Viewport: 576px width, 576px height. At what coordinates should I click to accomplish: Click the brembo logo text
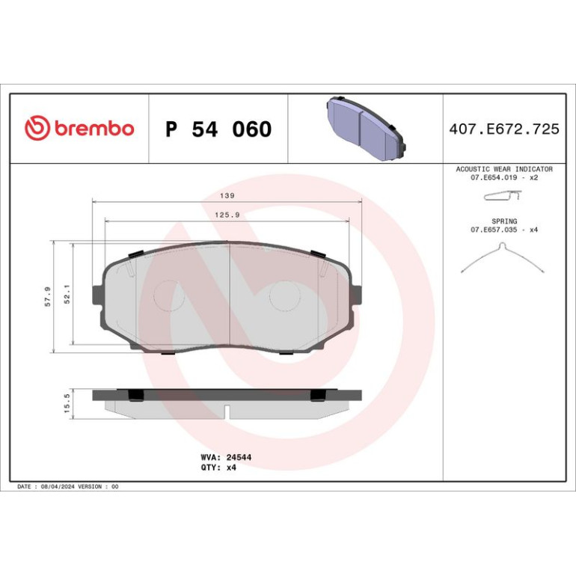pyautogui.click(x=94, y=127)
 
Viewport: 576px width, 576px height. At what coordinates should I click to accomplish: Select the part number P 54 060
pyautogui.click(x=218, y=129)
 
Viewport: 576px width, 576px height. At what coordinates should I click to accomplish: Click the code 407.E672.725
pyautogui.click(x=504, y=129)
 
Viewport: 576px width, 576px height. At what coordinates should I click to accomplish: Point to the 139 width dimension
pyautogui.click(x=227, y=196)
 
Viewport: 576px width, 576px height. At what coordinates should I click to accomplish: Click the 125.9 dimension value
pyautogui.click(x=227, y=215)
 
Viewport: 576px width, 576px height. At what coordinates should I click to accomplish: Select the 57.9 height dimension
pyautogui.click(x=48, y=297)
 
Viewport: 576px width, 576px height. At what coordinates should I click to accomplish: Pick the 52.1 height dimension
pyautogui.click(x=67, y=294)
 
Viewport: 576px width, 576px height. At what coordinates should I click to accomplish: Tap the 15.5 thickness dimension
pyautogui.click(x=67, y=403)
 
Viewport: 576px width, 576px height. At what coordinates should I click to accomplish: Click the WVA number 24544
pyautogui.click(x=239, y=457)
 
